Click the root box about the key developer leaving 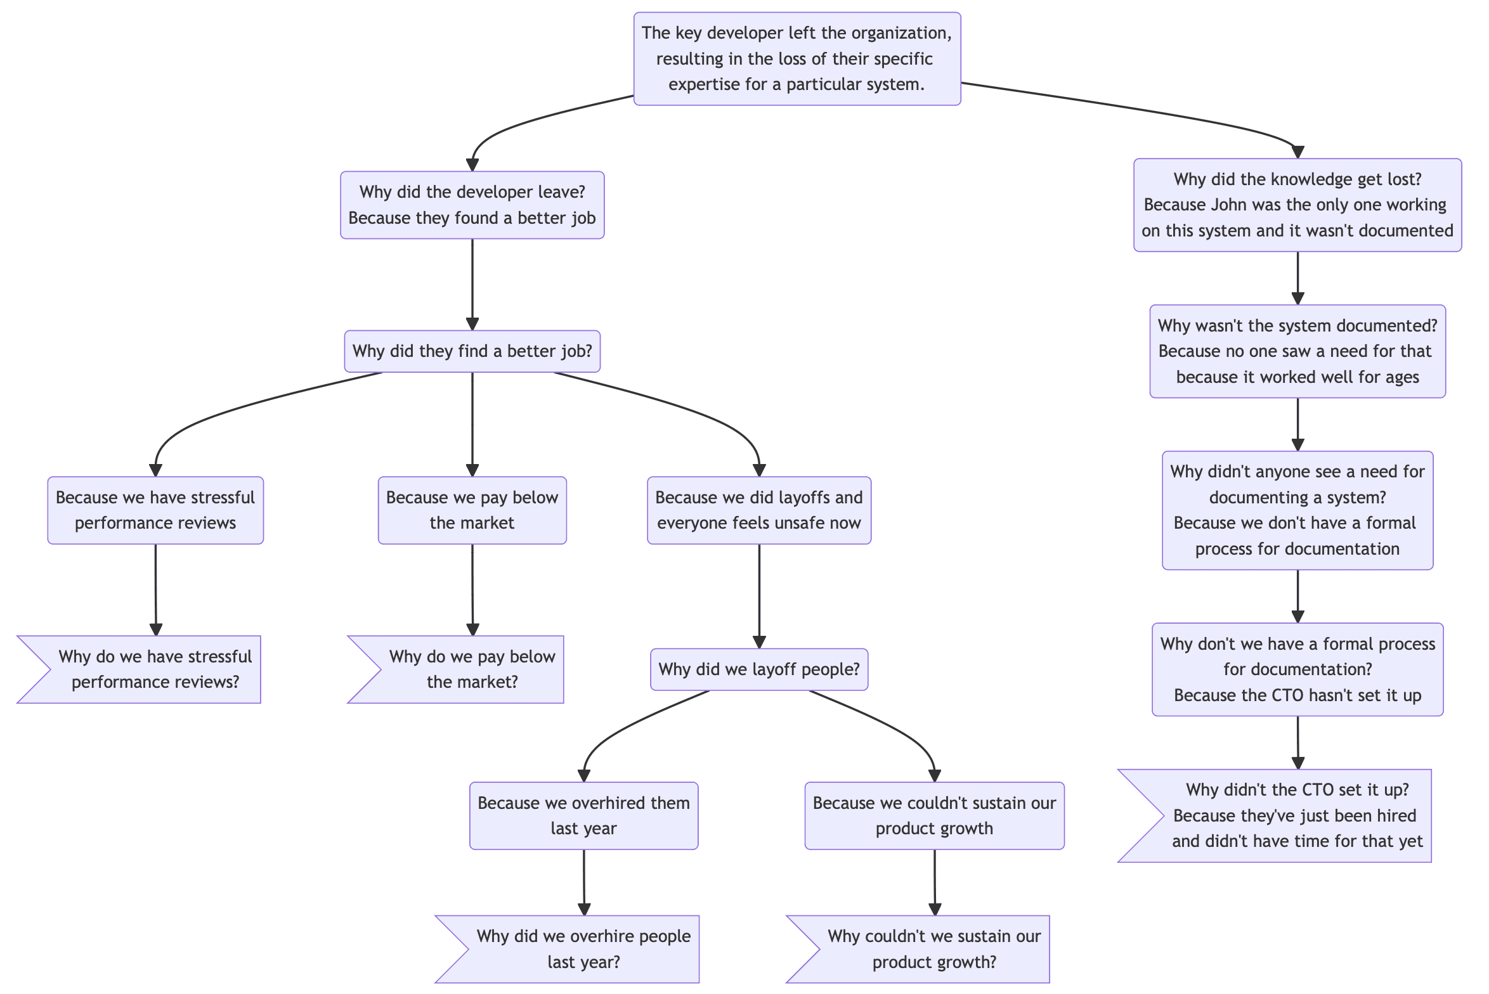coord(797,58)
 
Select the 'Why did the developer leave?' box coord(472,205)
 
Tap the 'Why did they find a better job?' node coord(472,351)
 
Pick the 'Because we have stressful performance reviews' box coord(155,510)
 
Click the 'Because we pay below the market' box coord(472,510)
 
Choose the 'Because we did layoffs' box coord(759,510)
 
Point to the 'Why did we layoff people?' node coord(759,669)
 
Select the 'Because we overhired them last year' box coord(584,816)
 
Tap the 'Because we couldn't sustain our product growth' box coord(935,816)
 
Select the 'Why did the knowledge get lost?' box coord(1297,205)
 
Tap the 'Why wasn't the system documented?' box coord(1297,351)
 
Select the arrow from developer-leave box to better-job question coord(472,285)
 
